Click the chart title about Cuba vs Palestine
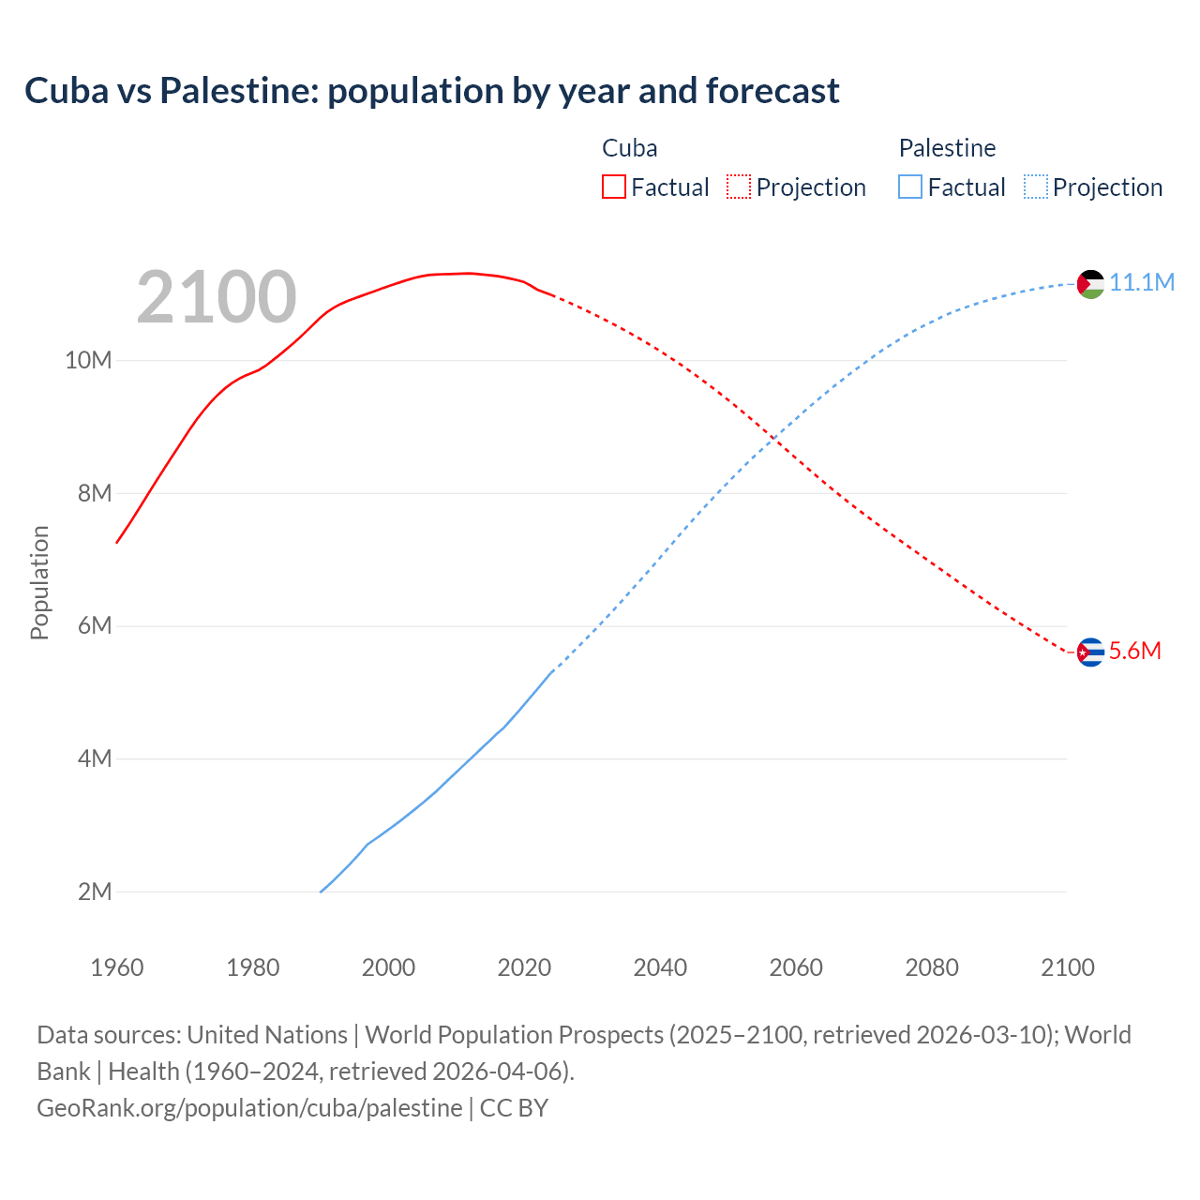432,91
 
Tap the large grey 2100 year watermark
217,297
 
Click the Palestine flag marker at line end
1090,283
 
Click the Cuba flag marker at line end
1090,652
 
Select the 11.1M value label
1142,282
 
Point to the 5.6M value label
1134,651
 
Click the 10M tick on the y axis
88,360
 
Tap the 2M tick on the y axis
95,892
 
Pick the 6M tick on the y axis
95,625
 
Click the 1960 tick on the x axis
117,967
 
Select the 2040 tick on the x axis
660,967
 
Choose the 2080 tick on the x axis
932,967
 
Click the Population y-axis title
39,582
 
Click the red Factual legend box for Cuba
614,187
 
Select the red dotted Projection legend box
739,187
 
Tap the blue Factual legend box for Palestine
910,187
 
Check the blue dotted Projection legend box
1035,187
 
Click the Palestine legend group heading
947,148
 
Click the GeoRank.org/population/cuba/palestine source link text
249,1107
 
